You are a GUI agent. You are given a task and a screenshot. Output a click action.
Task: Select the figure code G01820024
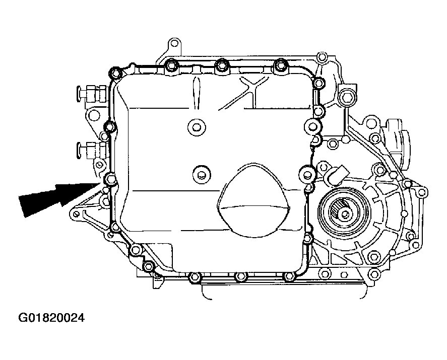pos(51,318)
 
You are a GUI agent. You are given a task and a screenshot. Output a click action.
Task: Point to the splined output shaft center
pos(344,214)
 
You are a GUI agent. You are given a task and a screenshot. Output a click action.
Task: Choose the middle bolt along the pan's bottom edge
pos(241,276)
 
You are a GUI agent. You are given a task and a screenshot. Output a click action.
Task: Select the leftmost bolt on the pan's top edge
pos(172,65)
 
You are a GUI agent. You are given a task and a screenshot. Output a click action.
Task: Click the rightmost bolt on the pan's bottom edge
pos(288,276)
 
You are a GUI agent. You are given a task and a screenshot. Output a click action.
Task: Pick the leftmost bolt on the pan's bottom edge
pos(195,276)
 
